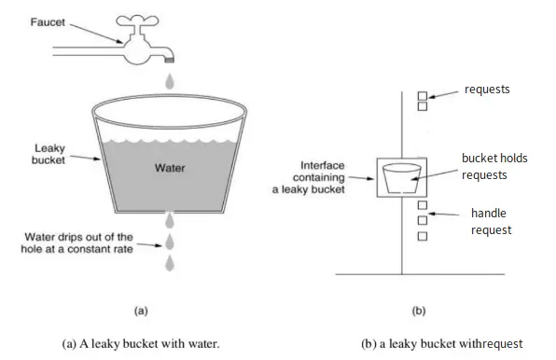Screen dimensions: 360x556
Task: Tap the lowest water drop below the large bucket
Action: [169, 264]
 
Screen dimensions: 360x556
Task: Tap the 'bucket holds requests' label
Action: [493, 165]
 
